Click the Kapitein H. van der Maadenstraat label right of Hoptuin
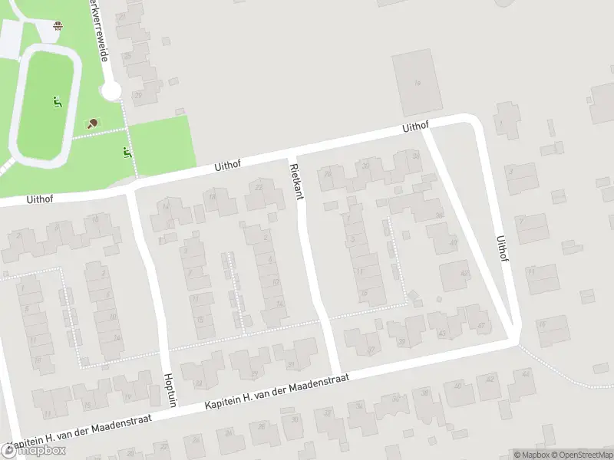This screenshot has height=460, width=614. [x=277, y=391]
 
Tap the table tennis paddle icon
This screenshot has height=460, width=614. [x=92, y=123]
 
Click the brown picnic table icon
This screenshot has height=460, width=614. [x=58, y=27]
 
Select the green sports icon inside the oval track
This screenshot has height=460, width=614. [x=57, y=101]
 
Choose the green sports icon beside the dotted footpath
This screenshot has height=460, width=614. [x=127, y=153]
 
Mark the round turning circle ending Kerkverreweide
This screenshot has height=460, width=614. [x=111, y=92]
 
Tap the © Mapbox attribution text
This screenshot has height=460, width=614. [x=531, y=455]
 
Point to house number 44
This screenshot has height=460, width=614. [x=525, y=375]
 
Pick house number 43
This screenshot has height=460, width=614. [x=441, y=332]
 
